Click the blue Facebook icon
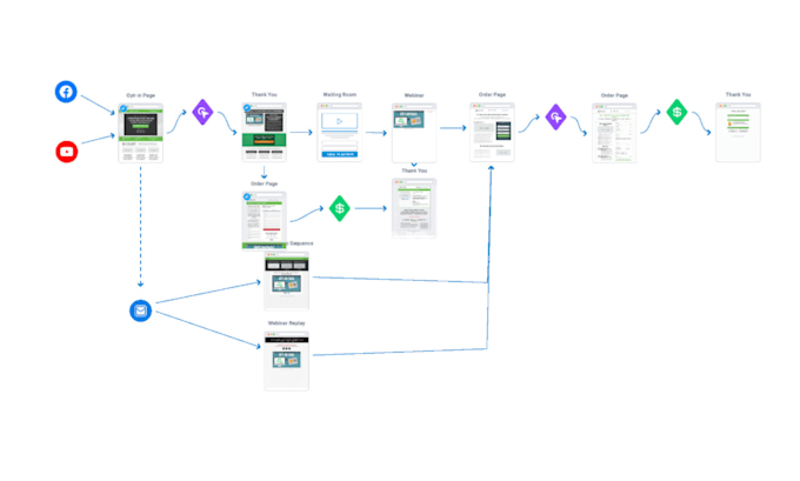click(66, 92)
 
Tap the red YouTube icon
click(67, 152)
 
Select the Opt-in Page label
click(140, 95)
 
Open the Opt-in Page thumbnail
click(140, 132)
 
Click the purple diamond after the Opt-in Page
click(202, 112)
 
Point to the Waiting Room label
click(340, 95)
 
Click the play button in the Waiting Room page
click(340, 121)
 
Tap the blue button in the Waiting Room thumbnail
click(340, 154)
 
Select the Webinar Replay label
click(286, 323)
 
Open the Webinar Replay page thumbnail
click(286, 361)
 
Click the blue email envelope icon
click(140, 311)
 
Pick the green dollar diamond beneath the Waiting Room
click(340, 208)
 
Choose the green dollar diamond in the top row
click(677, 112)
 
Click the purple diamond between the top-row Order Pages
click(556, 117)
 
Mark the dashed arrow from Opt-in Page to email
click(140, 225)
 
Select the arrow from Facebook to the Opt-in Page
click(97, 104)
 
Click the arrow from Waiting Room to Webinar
click(376, 133)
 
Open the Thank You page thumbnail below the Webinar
click(414, 208)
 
